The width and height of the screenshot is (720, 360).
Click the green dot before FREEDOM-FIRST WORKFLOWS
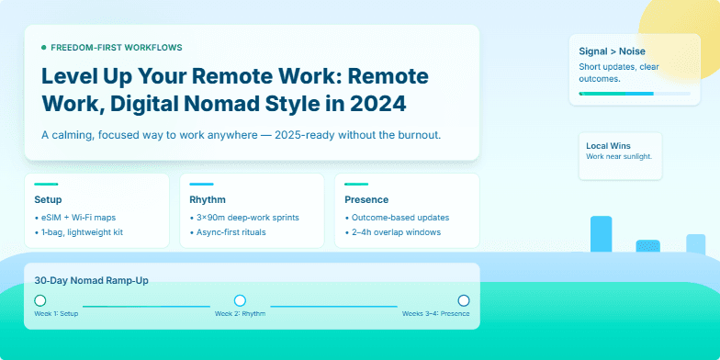pos(43,47)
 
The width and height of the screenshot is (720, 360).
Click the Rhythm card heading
pos(208,199)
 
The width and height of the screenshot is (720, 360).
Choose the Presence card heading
pos(366,199)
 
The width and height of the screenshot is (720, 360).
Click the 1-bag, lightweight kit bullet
pos(81,232)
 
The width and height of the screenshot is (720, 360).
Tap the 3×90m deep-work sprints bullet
pos(247,218)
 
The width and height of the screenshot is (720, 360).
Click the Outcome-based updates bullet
pos(400,218)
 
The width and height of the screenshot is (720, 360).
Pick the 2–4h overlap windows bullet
pos(396,232)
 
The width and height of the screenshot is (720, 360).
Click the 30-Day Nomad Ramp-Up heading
pos(91,280)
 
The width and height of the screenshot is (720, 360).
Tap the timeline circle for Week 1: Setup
pos(39,300)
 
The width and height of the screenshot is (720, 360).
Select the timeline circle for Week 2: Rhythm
pos(240,300)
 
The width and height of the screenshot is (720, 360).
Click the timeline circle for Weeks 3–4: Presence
pos(463,300)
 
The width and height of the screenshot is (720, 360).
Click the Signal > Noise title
pos(611,51)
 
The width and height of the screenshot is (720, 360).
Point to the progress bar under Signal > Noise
pos(635,93)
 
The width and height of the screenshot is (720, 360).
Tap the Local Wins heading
pos(608,145)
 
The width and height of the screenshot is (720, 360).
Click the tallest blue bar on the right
pos(601,234)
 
